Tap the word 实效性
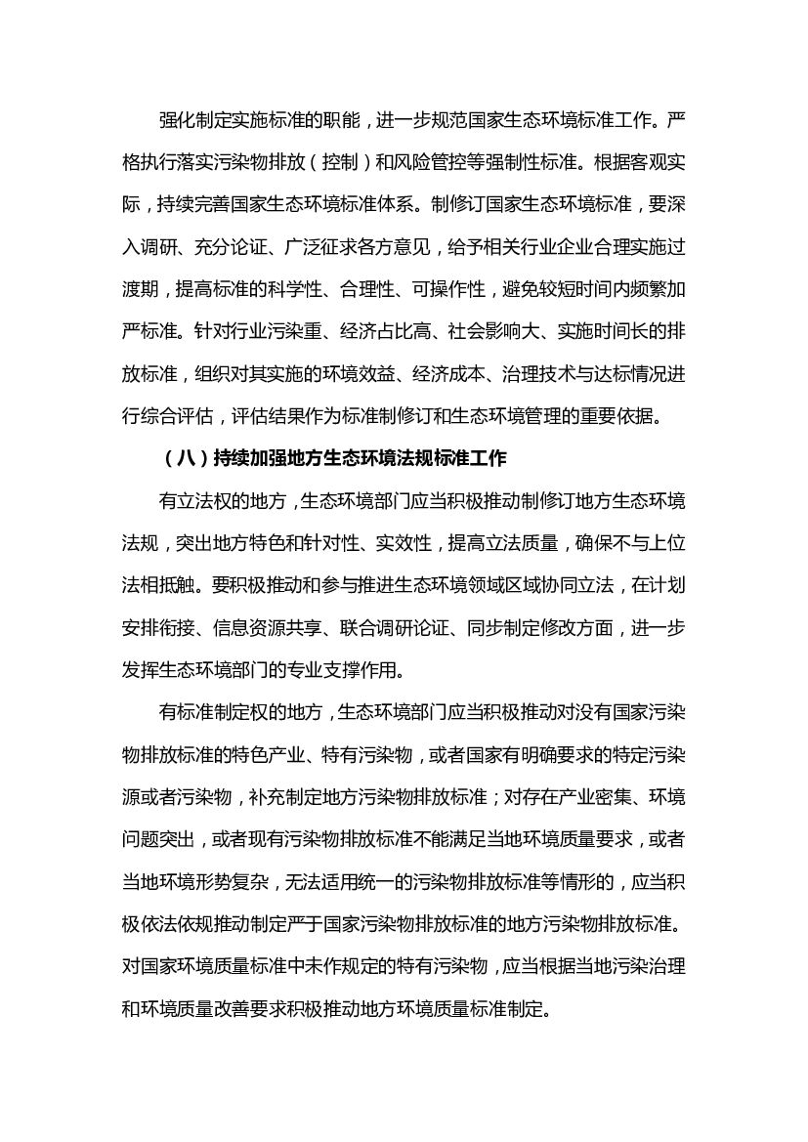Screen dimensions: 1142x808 pos(398,544)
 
